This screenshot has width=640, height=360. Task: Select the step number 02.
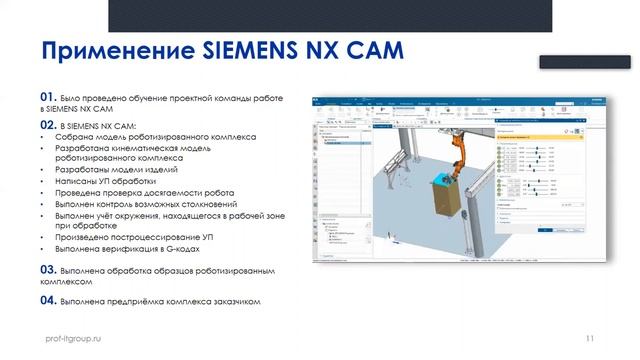(x=47, y=124)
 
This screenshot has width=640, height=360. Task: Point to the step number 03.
(x=47, y=270)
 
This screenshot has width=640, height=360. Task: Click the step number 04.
(x=47, y=298)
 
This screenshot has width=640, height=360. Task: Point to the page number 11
(x=589, y=339)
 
